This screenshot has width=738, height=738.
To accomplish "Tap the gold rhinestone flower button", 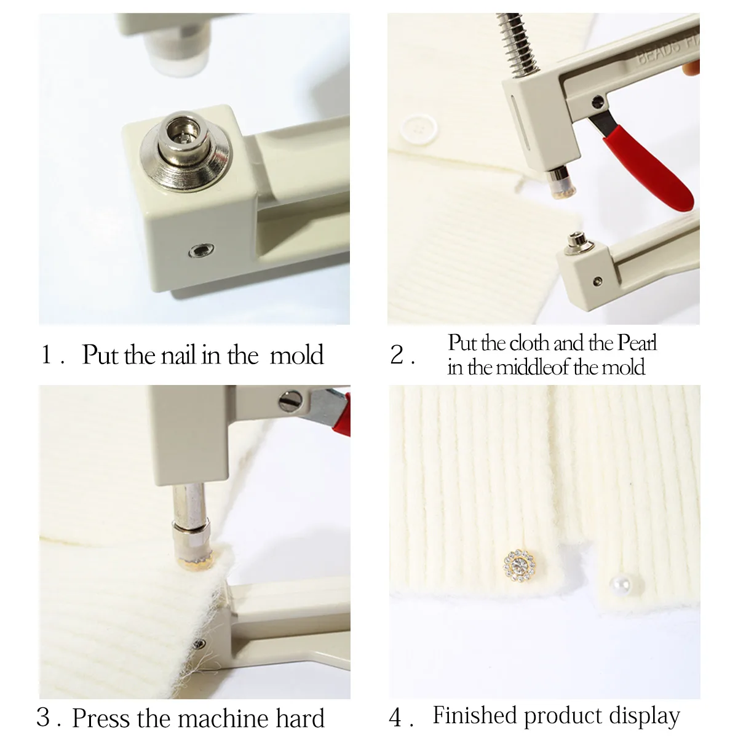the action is click(520, 566).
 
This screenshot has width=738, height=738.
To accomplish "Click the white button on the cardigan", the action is click(419, 127).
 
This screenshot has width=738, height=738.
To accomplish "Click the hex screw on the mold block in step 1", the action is click(201, 251).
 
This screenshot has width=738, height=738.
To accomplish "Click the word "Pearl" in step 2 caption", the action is click(637, 343).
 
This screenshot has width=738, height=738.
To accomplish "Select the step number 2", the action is click(397, 354).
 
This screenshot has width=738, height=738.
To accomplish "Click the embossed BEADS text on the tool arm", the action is click(659, 54).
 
